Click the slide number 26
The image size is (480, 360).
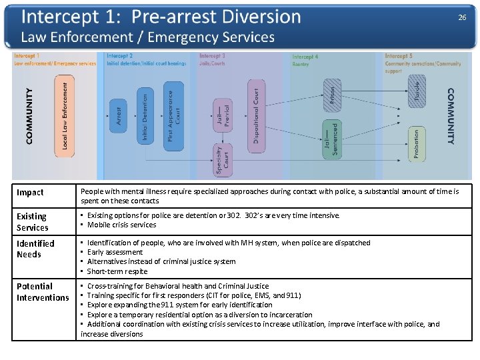pyautogui.click(x=462, y=18)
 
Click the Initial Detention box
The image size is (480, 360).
pyautogui.click(x=145, y=115)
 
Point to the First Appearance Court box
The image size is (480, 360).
pyautogui.click(x=173, y=116)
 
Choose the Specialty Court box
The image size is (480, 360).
pyautogui.click(x=222, y=160)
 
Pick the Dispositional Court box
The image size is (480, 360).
pyautogui.click(x=256, y=116)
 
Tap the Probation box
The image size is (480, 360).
pyautogui.click(x=417, y=143)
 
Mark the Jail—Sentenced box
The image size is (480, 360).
pyautogui.click(x=331, y=139)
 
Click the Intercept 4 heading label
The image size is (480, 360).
pyautogui.click(x=305, y=57)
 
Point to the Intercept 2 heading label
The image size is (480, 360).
pyautogui.click(x=120, y=56)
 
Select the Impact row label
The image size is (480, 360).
pyautogui.click(x=30, y=193)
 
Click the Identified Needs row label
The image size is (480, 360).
pyautogui.click(x=35, y=249)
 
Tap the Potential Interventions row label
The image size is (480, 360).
pyautogui.click(x=43, y=292)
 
